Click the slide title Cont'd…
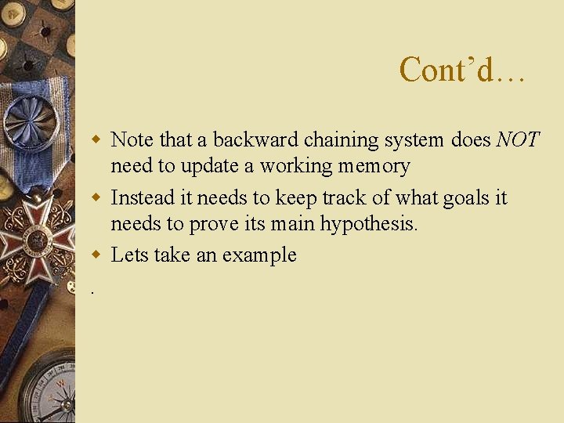462,70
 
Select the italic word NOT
518,140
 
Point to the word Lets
130,255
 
